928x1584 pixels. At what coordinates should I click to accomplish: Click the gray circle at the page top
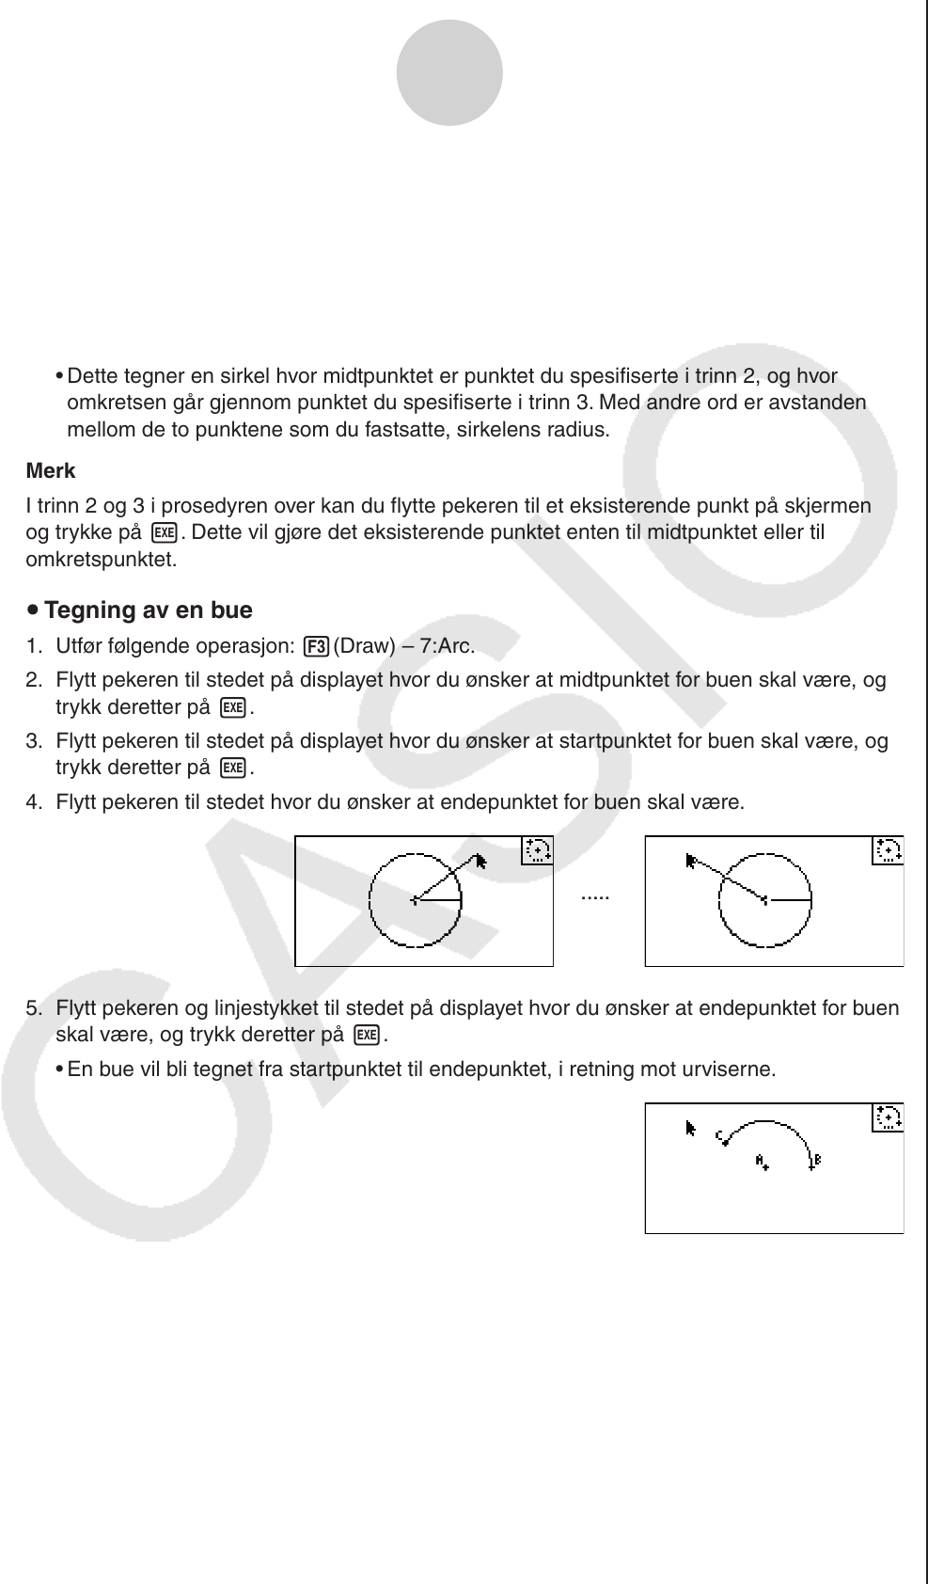click(x=449, y=73)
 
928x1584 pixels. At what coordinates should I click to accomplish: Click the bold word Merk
click(x=51, y=471)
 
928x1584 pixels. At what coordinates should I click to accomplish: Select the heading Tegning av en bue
click(x=149, y=610)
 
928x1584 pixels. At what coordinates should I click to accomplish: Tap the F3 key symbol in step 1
click(x=317, y=647)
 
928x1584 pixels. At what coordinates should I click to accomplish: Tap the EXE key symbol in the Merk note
click(x=165, y=532)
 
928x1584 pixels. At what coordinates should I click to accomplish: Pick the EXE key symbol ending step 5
click(x=367, y=1036)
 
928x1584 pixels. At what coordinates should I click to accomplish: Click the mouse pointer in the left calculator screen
click(x=481, y=861)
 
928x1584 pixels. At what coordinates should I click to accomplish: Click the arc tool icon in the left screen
click(x=537, y=850)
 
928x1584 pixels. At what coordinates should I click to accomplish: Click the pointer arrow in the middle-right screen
click(x=692, y=860)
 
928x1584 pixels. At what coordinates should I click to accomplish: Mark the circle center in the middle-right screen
click(x=764, y=900)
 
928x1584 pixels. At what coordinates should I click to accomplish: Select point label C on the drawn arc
click(x=719, y=1136)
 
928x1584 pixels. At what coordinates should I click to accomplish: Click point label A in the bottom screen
click(x=760, y=1160)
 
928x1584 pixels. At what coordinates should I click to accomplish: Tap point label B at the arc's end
click(x=817, y=1160)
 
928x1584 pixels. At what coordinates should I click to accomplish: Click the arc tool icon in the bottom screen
click(x=888, y=1117)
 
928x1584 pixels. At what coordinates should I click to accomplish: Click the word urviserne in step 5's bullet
click(x=734, y=1069)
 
